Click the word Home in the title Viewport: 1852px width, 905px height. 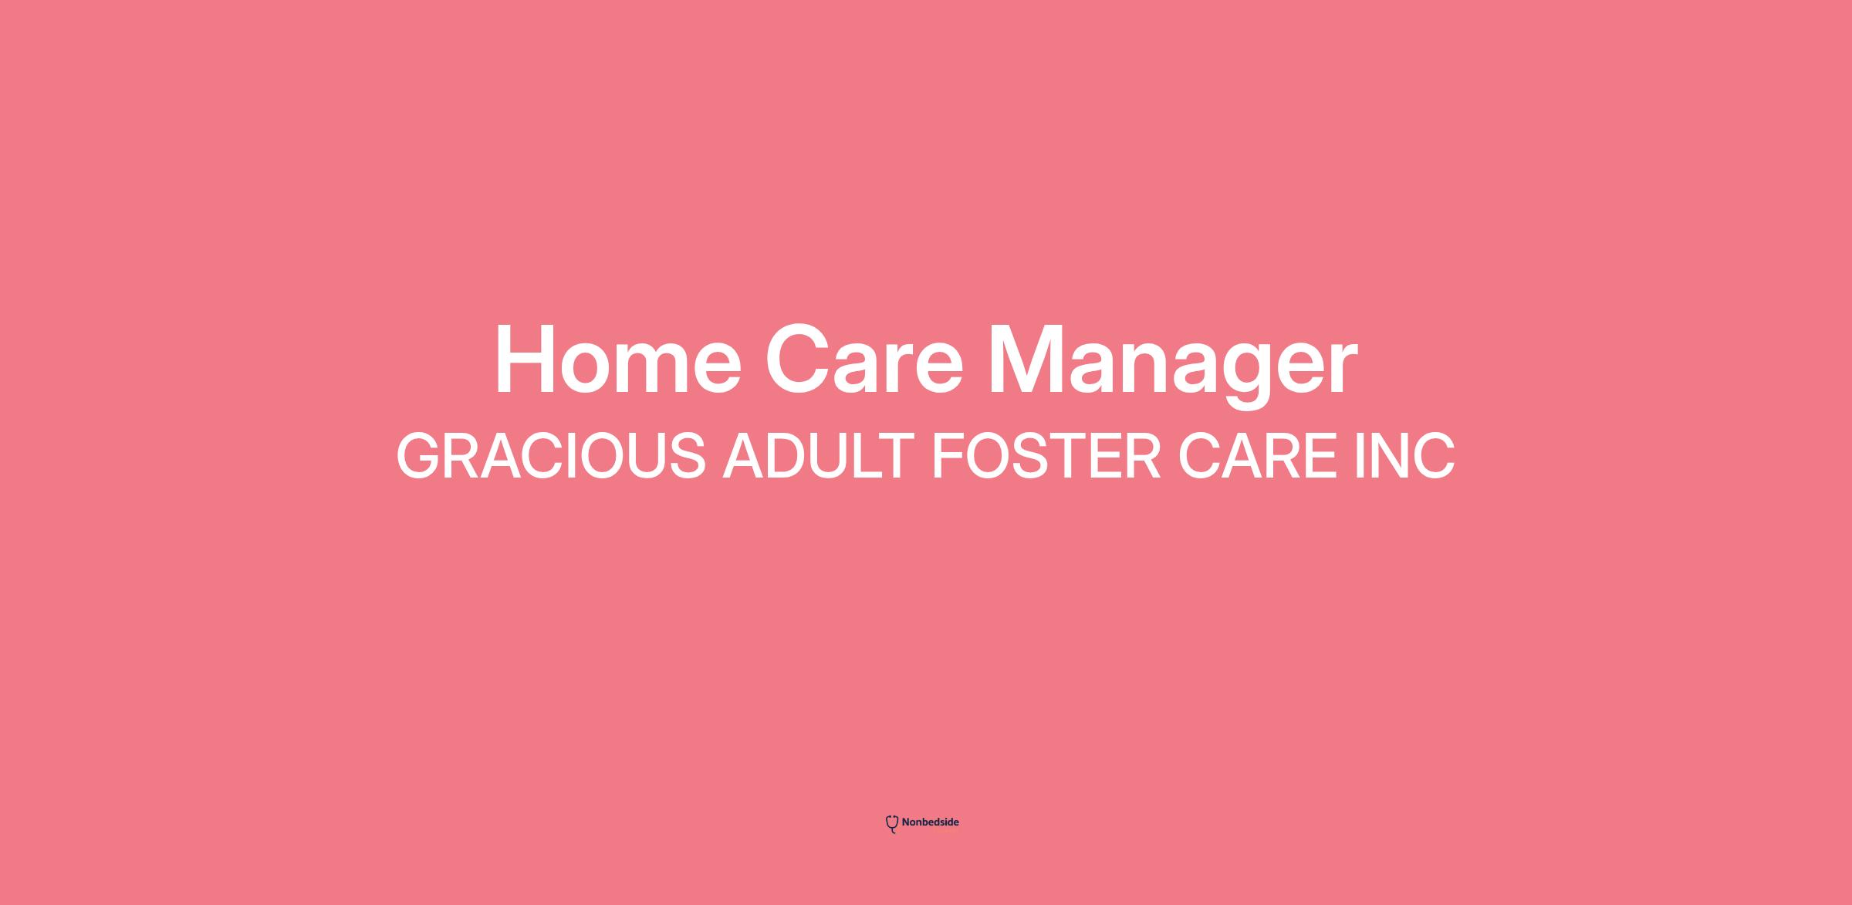click(x=618, y=360)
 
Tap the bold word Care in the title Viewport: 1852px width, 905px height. click(x=864, y=360)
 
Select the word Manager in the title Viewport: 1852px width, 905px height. click(x=1172, y=364)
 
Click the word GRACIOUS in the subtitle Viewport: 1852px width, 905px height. click(x=551, y=456)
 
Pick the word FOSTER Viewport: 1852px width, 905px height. click(x=1046, y=456)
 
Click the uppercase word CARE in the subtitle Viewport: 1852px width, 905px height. click(x=1258, y=456)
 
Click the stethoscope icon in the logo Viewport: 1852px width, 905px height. click(x=892, y=824)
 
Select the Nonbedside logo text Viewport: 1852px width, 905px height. click(x=930, y=822)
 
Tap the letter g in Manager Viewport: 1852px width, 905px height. click(x=1235, y=376)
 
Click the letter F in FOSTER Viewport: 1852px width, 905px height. click(x=950, y=456)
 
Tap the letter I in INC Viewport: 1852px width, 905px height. click(x=1360, y=456)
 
